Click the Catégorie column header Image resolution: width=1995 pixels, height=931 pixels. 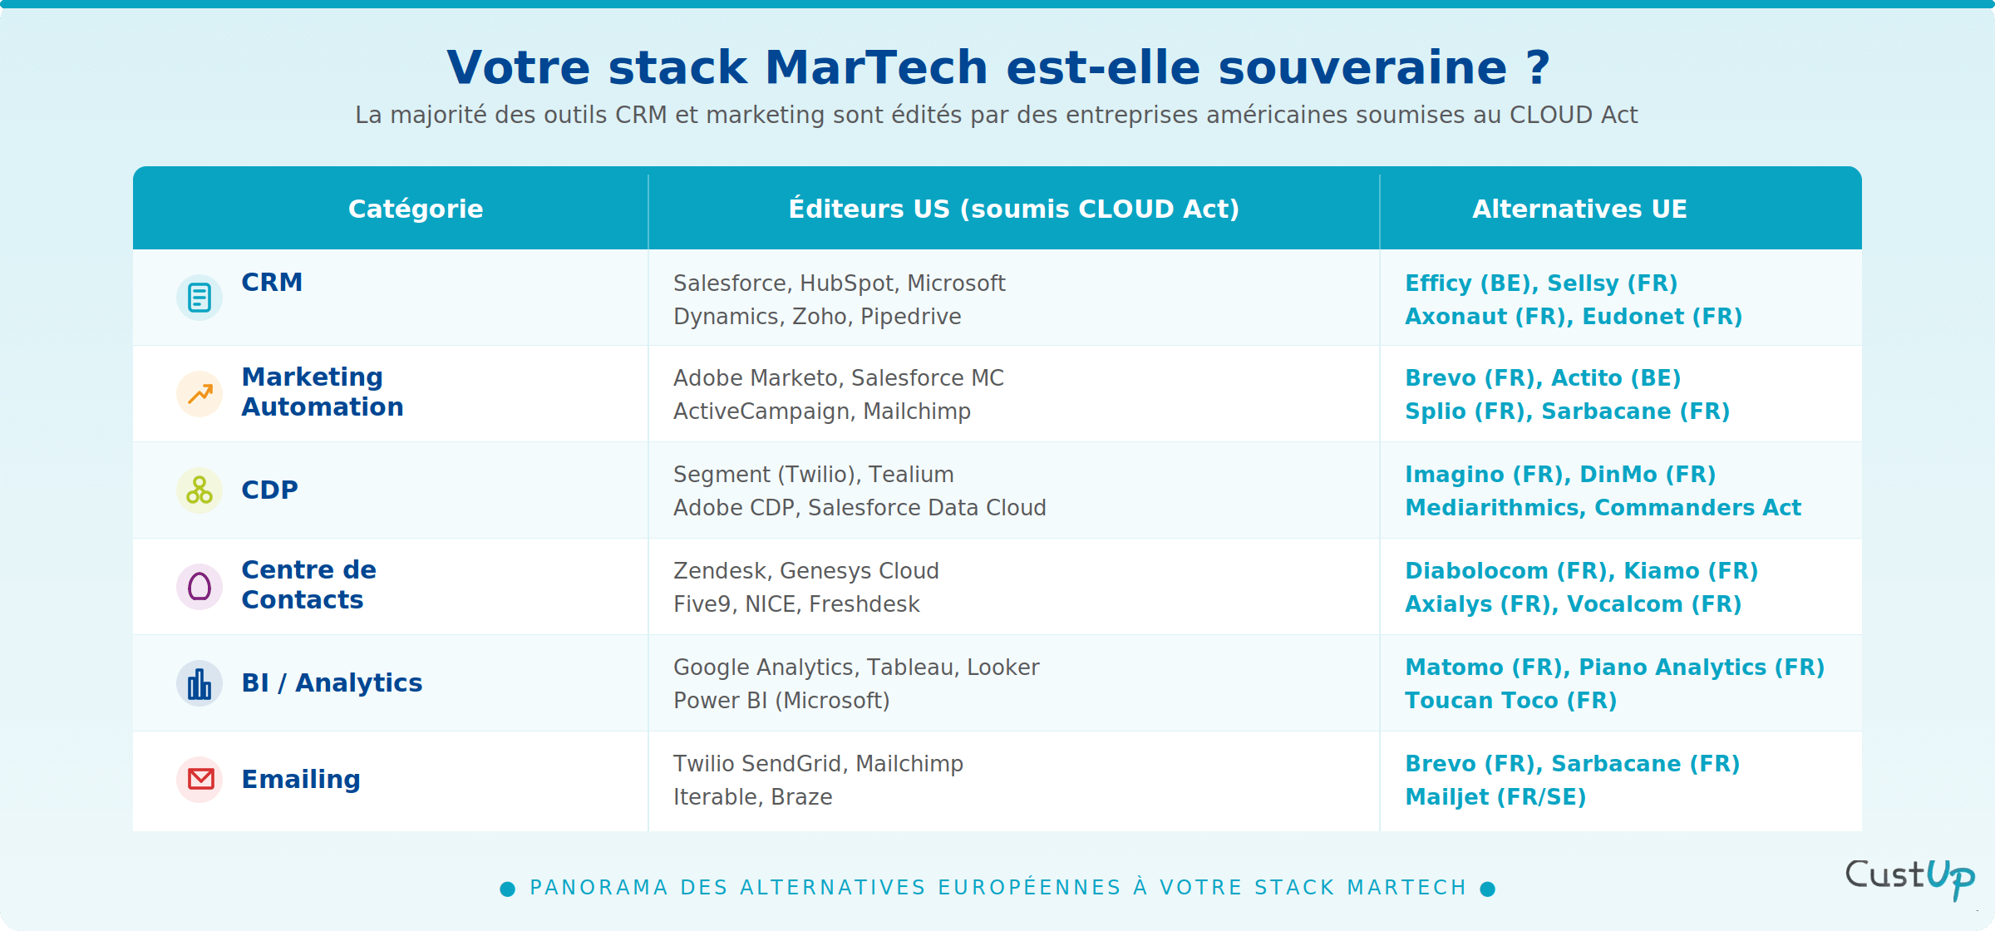[416, 209]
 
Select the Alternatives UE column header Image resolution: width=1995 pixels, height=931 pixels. [1579, 209]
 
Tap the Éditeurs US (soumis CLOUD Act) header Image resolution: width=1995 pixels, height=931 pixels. [1013, 209]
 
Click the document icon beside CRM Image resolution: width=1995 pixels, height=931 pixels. [199, 298]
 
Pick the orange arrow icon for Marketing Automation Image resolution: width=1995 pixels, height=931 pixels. [199, 394]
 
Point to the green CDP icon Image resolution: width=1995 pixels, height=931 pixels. [199, 490]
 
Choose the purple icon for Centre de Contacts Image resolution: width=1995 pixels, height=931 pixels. [199, 587]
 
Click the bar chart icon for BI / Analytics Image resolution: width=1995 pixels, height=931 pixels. [199, 683]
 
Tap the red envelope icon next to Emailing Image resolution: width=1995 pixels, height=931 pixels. [199, 780]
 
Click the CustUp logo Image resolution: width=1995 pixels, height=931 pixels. [1909, 877]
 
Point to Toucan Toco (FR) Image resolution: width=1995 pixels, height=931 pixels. [1510, 701]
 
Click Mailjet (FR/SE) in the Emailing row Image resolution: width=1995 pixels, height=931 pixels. [1495, 797]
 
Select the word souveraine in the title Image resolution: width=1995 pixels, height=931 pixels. [1362, 67]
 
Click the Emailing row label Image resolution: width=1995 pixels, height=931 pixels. [301, 780]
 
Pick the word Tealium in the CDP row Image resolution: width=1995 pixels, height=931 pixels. [911, 475]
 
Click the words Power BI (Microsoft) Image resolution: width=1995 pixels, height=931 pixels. [781, 701]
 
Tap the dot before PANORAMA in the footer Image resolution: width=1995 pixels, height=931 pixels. [507, 889]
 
